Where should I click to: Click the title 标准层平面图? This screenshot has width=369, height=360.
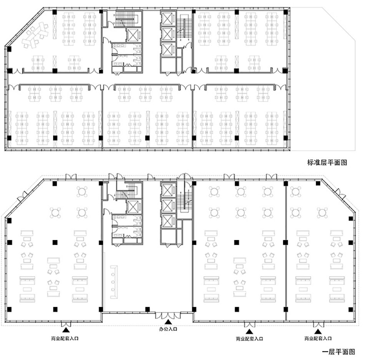(x=327, y=162)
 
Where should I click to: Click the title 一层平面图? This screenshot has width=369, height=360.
(x=339, y=352)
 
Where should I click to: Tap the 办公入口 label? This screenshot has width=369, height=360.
(x=168, y=329)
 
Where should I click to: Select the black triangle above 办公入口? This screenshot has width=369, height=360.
(x=168, y=322)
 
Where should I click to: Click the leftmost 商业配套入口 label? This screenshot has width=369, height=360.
(x=65, y=338)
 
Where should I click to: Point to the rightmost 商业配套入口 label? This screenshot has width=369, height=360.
(x=318, y=338)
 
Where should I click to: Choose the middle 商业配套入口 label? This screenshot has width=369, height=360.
(x=249, y=339)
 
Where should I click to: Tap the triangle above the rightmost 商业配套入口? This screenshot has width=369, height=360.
(x=318, y=332)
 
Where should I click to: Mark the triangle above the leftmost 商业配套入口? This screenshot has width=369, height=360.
(x=66, y=330)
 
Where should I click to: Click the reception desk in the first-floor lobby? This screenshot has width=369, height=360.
(x=114, y=282)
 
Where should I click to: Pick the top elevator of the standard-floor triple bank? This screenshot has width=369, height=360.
(x=168, y=19)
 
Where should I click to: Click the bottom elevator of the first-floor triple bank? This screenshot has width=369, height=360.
(x=168, y=221)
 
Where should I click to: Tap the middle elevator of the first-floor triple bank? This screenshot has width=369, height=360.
(x=168, y=205)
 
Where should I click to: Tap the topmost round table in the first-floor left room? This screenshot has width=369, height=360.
(x=82, y=192)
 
